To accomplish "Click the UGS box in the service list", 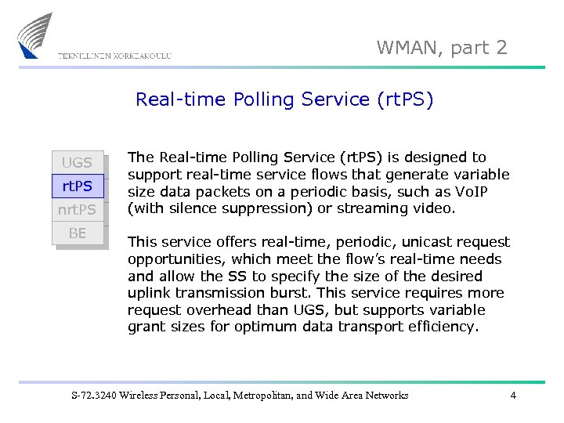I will pyautogui.click(x=78, y=163).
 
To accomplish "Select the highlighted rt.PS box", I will pyautogui.click(x=78, y=186).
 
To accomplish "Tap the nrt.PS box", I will pyautogui.click(x=78, y=210).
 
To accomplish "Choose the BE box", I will pyautogui.click(x=78, y=233).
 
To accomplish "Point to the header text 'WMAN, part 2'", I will pyautogui.click(x=442, y=48).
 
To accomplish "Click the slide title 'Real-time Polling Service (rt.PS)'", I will pyautogui.click(x=284, y=99).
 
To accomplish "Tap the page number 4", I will pyautogui.click(x=513, y=396).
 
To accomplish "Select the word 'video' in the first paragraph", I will pyautogui.click(x=460, y=208).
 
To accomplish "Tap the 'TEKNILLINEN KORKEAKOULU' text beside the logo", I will pyautogui.click(x=114, y=56).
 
